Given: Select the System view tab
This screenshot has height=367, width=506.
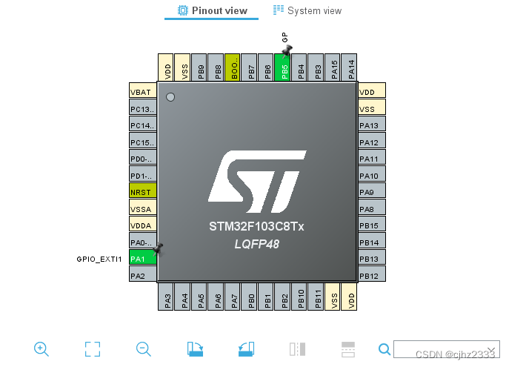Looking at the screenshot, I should [x=307, y=10].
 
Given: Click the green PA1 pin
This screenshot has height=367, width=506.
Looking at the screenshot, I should [x=143, y=258].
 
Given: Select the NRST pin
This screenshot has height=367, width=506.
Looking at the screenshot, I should [x=143, y=191].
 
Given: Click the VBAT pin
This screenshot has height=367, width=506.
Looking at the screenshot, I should [x=143, y=92].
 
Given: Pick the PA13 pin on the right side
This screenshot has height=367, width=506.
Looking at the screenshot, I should [x=371, y=125].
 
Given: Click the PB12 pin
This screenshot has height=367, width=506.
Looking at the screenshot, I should [x=371, y=276].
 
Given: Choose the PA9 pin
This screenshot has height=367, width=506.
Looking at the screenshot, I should [x=371, y=192].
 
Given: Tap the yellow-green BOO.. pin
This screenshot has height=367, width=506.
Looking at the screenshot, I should [x=233, y=67].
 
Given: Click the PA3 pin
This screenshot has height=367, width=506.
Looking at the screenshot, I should [x=166, y=296].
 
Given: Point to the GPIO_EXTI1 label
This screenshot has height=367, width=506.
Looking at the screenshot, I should [x=99, y=259].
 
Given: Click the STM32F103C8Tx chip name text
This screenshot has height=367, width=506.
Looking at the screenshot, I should [x=256, y=226].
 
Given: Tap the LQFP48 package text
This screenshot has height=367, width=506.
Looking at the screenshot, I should [x=256, y=244].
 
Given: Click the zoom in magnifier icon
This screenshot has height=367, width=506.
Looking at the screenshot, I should [x=41, y=348].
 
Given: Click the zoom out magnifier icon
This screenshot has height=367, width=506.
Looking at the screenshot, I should [x=144, y=348].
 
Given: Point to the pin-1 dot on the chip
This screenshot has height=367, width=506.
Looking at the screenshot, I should [x=170, y=96].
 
